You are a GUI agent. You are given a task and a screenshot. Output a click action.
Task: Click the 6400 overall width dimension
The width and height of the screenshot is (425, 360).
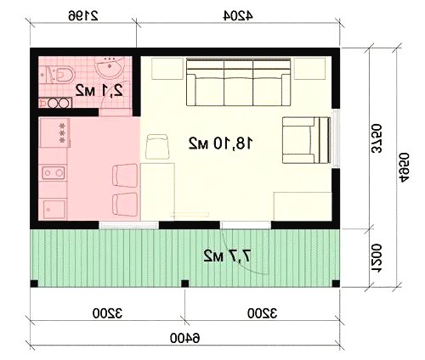pyautogui.click(x=184, y=338)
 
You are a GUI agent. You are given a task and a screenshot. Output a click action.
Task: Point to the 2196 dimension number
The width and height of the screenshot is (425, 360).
pyautogui.click(x=83, y=16)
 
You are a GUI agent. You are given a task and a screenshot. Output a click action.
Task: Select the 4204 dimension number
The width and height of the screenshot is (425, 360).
pyautogui.click(x=238, y=16)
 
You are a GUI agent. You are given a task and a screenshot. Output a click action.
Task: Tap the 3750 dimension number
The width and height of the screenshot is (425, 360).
pyautogui.click(x=377, y=138)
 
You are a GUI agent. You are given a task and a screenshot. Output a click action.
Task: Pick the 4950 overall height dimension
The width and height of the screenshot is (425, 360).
pyautogui.click(x=404, y=167)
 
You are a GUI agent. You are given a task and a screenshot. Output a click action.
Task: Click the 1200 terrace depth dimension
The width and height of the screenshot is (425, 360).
pyautogui.click(x=377, y=258)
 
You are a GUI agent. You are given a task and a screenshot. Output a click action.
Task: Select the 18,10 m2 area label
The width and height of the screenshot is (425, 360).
pyautogui.click(x=220, y=143)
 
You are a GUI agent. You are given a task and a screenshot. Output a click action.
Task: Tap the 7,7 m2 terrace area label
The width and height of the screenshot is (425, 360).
pyautogui.click(x=227, y=256)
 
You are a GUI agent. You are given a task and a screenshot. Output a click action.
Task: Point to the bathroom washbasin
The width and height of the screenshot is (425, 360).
pyautogui.click(x=110, y=67)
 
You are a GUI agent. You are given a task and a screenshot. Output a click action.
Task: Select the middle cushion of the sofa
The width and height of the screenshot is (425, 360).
pyautogui.click(x=238, y=82)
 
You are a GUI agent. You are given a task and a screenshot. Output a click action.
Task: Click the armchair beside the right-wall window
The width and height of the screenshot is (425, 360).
pyautogui.click(x=306, y=140)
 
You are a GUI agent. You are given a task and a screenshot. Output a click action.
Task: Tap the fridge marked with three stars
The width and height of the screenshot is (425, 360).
pyautogui.click(x=54, y=133)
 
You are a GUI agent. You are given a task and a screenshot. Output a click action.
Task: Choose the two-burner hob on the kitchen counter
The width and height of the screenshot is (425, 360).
pyautogui.click(x=54, y=172)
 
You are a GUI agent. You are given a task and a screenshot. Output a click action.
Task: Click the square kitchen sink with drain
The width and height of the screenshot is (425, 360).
pyautogui.click(x=54, y=209)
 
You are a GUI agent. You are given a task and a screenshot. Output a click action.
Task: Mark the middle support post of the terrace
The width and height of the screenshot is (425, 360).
pyautogui.click(x=185, y=284)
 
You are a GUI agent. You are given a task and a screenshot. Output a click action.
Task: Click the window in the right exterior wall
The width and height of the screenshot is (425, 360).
pyautogui.click(x=336, y=138)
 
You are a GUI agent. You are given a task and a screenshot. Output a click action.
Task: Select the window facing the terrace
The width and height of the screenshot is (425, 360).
pyautogui.click(x=128, y=225)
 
